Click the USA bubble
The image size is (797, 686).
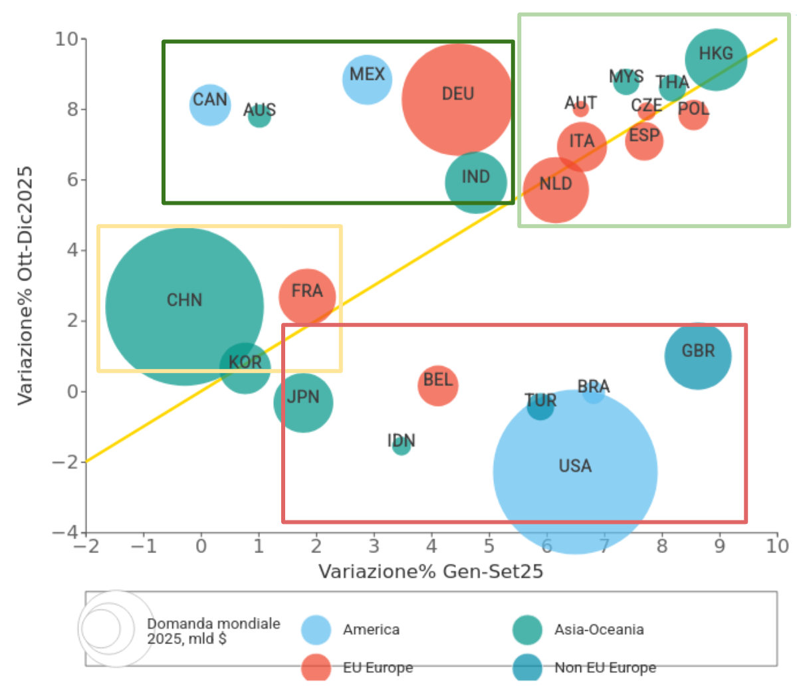pos(575,472)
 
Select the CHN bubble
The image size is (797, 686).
pos(185,306)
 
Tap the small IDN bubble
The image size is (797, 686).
pos(401,446)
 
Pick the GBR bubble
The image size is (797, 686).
pos(698,356)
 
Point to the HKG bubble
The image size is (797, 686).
pos(716,59)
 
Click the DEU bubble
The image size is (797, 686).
pos(457,99)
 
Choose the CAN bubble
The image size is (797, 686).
pos(210,104)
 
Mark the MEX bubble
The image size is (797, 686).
pos(367,79)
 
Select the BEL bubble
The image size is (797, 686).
pos(438,385)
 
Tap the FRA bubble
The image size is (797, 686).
pos(306,296)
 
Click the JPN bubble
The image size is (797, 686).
pos(303,402)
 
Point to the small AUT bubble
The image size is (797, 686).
pos(581,108)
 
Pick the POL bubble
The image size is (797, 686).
pos(693,114)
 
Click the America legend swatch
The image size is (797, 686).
pos(316,629)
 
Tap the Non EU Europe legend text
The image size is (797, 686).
pos(605,667)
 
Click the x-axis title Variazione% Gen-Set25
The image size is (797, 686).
pos(431,572)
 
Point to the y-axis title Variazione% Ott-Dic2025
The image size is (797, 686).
pos(25,286)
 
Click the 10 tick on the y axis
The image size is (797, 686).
pos(66,39)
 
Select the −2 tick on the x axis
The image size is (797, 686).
pos(84,546)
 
